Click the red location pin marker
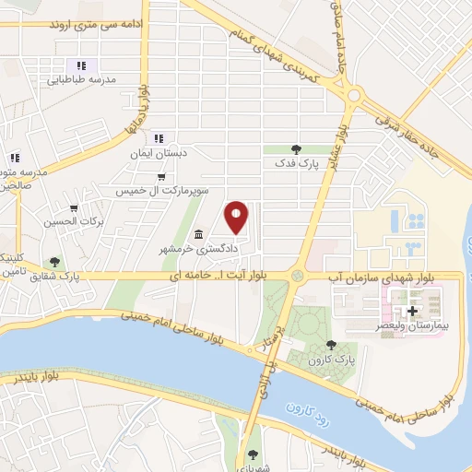point(237,217)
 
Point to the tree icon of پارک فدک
point(296,147)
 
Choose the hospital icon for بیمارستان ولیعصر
point(412,311)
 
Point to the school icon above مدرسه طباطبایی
point(81,65)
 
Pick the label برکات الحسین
point(76,222)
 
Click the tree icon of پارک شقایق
point(55,262)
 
